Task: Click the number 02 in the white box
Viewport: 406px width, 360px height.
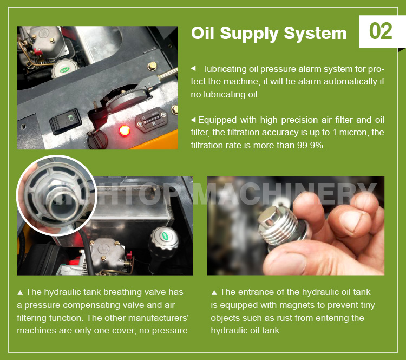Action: tap(381, 31)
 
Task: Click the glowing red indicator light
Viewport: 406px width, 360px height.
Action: tap(125, 130)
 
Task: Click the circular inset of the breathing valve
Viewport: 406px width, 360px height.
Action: tap(56, 195)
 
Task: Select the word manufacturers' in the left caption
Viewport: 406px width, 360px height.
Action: tap(162, 318)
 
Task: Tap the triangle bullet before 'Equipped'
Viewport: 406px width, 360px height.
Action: tap(193, 120)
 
